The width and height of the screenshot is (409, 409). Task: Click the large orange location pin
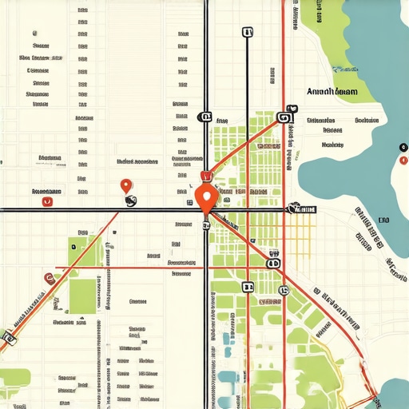(x=206, y=197)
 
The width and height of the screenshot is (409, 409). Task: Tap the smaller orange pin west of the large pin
(x=125, y=186)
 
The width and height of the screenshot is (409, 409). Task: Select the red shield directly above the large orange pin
(x=205, y=177)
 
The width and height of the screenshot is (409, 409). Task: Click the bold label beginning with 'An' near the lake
(x=332, y=93)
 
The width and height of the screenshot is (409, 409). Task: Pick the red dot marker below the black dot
(x=402, y=160)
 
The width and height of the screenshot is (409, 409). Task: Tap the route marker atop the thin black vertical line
(x=247, y=33)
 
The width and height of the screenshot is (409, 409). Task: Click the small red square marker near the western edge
(x=46, y=202)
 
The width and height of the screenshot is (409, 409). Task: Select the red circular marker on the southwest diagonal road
(x=48, y=278)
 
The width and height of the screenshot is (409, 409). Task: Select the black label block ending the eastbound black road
(x=304, y=209)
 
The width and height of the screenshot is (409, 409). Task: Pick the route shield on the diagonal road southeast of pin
(x=273, y=262)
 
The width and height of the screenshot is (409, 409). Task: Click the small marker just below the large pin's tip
(x=206, y=225)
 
